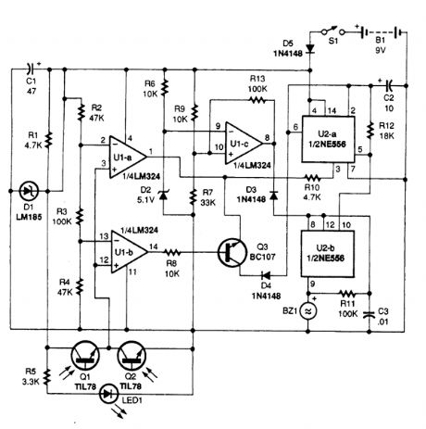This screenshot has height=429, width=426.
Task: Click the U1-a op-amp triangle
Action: click(126, 151)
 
